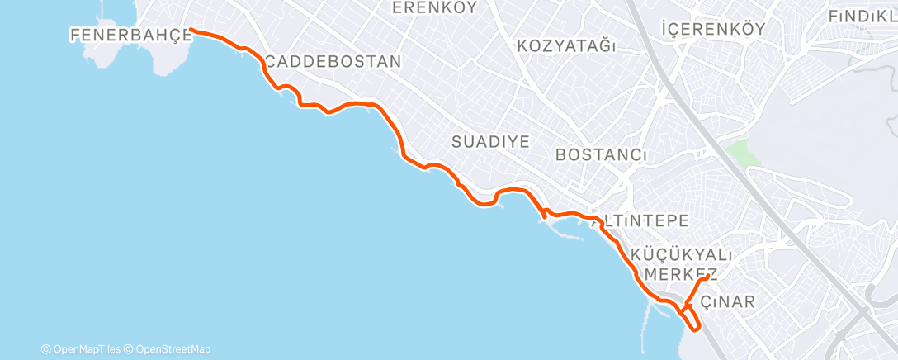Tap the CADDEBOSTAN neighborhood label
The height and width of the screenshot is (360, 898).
pyautogui.click(x=333, y=61)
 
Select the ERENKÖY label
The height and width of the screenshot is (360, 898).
pyautogui.click(x=435, y=8)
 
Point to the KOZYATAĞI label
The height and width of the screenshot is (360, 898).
pyautogui.click(x=566, y=46)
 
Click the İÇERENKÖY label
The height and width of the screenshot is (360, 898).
pyautogui.click(x=714, y=29)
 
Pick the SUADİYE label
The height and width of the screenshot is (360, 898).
pyautogui.click(x=490, y=141)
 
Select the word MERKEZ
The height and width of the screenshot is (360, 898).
pyautogui.click(x=670, y=273)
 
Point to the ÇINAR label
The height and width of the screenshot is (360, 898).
pyautogui.click(x=727, y=301)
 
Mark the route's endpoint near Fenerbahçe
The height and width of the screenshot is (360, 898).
pyautogui.click(x=191, y=30)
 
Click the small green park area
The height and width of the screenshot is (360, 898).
pyautogui.click(x=738, y=152)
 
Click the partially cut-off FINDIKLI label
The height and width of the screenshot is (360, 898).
pyautogui.click(x=863, y=16)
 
